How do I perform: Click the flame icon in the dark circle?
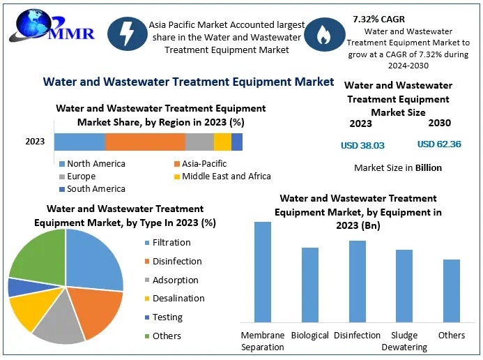(325, 36)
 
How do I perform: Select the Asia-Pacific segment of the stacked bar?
(145, 142)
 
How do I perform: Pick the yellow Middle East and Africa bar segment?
(222, 142)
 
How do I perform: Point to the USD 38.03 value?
(362, 146)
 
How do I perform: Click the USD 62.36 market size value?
(439, 144)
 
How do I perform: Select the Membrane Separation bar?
(262, 271)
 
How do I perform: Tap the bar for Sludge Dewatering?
(404, 285)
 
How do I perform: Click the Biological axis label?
(309, 336)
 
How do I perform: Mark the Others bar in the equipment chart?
(452, 290)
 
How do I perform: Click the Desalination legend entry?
(178, 299)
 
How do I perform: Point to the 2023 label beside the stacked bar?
(35, 142)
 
